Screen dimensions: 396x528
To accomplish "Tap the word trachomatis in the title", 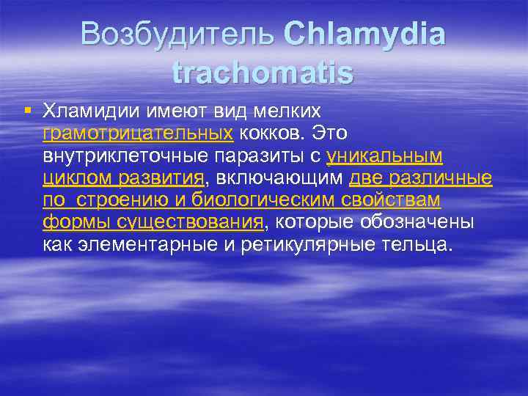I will point(263,73).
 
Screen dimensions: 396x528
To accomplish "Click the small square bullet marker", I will point(27,110).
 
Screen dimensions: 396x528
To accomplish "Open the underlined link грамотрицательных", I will point(138,133).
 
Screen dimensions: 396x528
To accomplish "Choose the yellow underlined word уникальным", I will point(384,155).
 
